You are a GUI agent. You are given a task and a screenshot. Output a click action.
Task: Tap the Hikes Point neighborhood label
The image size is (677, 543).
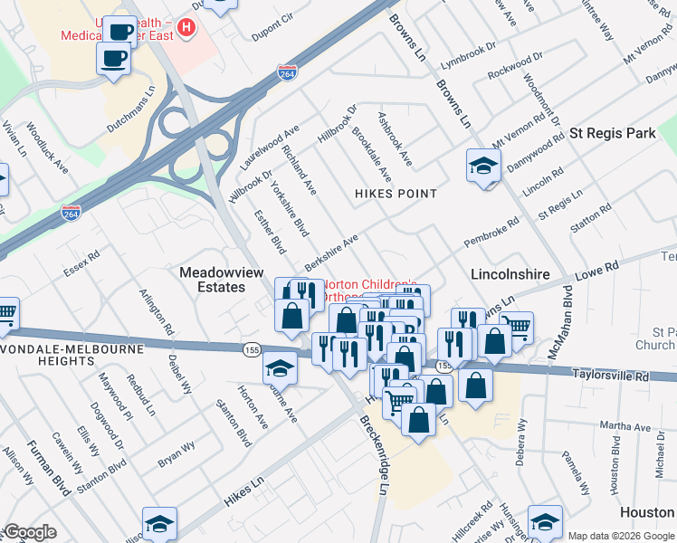[x=396, y=194]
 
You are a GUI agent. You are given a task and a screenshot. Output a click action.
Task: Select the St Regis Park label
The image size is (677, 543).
[x=612, y=133]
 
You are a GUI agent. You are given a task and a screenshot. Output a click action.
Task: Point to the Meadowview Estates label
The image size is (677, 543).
[x=212, y=279]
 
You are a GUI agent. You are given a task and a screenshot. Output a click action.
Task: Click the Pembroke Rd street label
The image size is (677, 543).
[x=491, y=232]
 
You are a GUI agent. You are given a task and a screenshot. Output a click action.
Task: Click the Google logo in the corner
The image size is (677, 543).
[x=30, y=532]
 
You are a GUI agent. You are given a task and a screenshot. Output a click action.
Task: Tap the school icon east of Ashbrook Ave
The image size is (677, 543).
[x=483, y=167]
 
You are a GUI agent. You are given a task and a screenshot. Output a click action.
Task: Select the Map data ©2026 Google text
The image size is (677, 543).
[x=620, y=536]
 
